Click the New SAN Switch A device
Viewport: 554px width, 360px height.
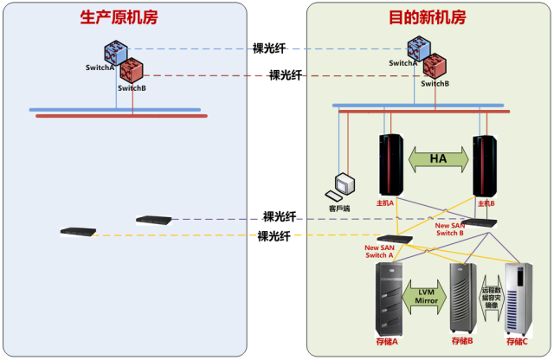pos(395,238)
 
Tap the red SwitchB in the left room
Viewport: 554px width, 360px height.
pos(132,69)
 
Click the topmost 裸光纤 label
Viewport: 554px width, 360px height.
pos(269,48)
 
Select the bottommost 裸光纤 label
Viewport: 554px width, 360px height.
pos(274,236)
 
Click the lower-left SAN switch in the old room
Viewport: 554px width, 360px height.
pos(78,231)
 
